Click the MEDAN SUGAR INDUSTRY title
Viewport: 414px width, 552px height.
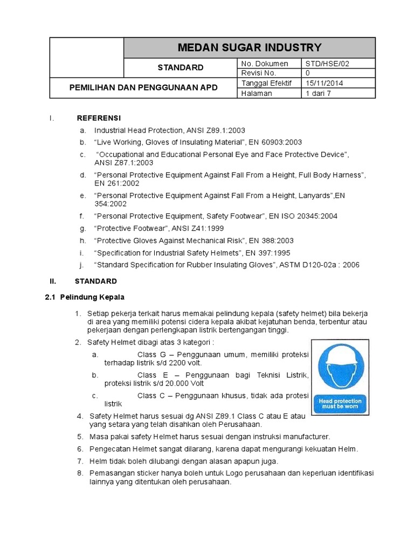[249, 47]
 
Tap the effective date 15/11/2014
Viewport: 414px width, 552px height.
[325, 83]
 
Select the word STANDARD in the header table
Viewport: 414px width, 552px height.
[180, 68]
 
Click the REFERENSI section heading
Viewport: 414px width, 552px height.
[99, 118]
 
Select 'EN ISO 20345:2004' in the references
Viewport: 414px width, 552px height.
[304, 216]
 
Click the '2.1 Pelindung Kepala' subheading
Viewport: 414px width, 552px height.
[85, 297]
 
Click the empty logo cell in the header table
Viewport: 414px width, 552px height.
[87, 57]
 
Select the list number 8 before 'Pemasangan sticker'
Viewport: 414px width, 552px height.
[79, 473]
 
